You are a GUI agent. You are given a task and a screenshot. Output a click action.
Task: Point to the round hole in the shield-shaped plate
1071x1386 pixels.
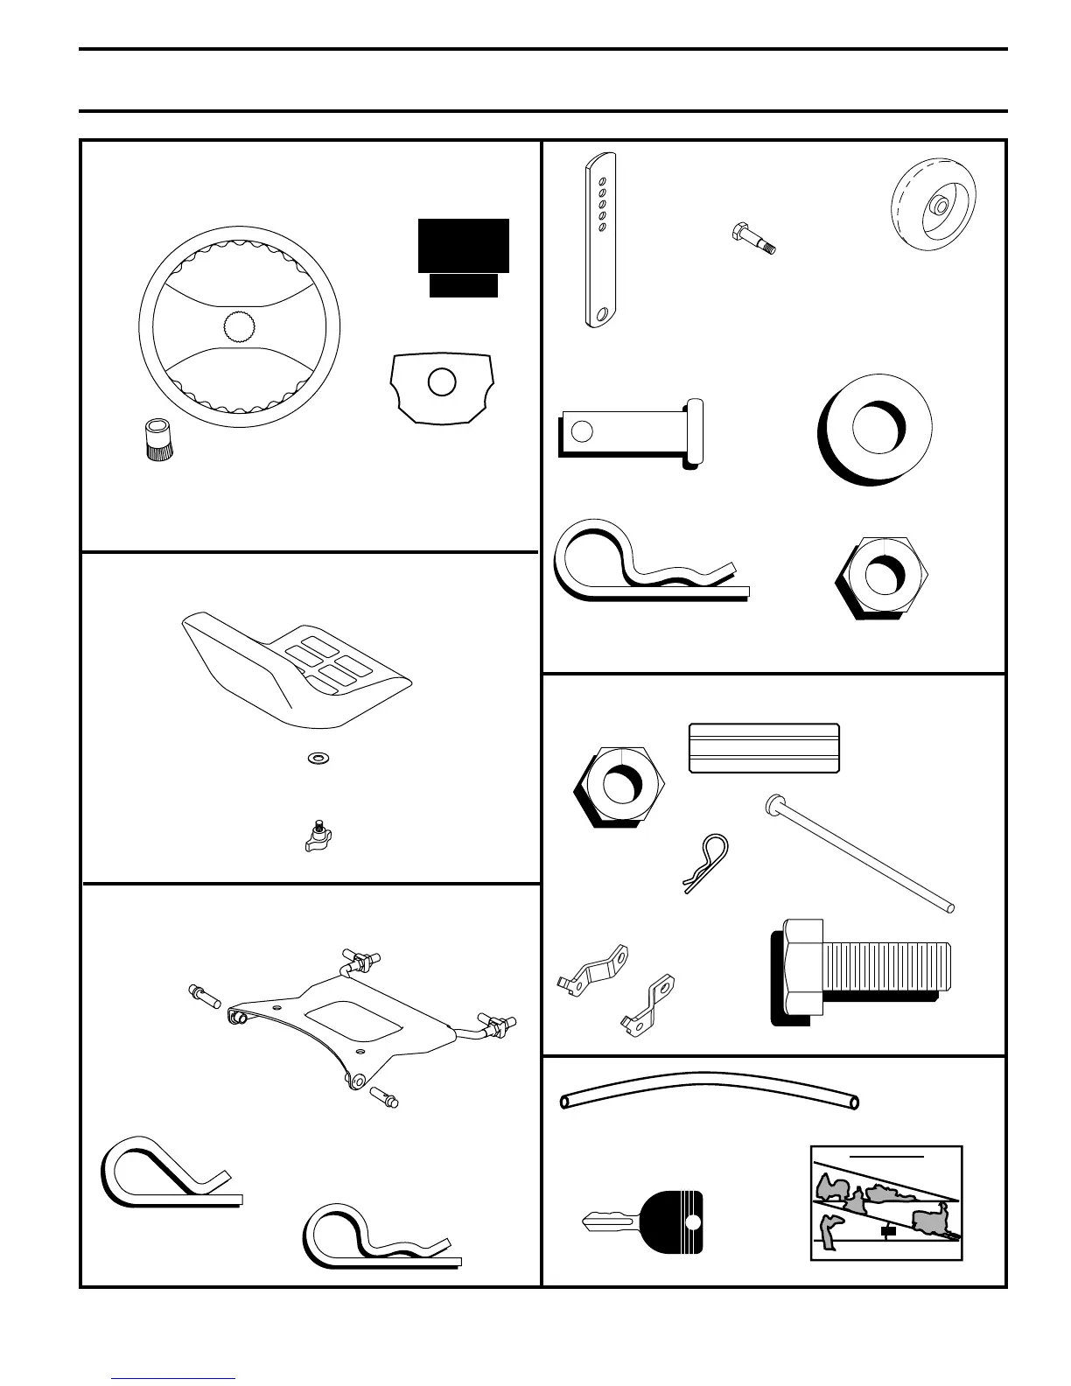tap(442, 382)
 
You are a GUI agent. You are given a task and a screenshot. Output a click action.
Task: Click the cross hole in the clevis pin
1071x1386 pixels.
tap(581, 430)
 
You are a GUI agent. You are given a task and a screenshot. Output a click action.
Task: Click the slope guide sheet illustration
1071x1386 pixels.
tap(886, 1203)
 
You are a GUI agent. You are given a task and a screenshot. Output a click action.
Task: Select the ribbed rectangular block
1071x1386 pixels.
tap(764, 748)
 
